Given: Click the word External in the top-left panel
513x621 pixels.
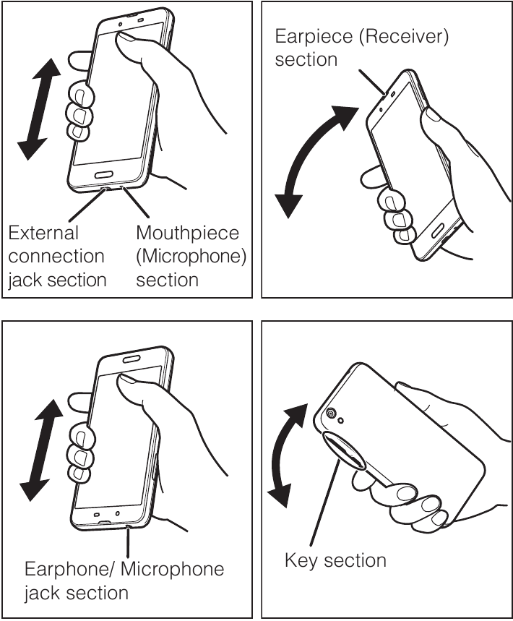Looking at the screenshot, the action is [x=43, y=233].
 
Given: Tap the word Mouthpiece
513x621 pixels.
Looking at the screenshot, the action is [x=188, y=234].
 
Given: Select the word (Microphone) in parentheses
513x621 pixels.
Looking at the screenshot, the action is [x=191, y=257].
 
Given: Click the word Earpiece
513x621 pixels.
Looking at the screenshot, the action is [x=314, y=36].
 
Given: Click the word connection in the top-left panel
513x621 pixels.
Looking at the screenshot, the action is [x=56, y=257].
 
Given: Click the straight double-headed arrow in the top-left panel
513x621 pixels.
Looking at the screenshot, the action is [x=39, y=109].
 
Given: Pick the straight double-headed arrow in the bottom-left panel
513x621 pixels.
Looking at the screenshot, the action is [x=41, y=450].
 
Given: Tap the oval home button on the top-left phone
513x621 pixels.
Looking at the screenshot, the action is [x=105, y=175].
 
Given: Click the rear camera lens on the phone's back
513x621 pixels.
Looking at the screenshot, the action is [x=330, y=414].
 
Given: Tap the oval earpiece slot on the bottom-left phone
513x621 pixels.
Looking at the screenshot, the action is [x=132, y=359].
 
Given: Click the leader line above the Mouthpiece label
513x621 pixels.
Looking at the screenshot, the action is [x=136, y=202].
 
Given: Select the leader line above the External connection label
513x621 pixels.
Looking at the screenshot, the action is [x=87, y=205].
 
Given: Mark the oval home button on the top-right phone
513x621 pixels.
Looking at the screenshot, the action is [x=437, y=231].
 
